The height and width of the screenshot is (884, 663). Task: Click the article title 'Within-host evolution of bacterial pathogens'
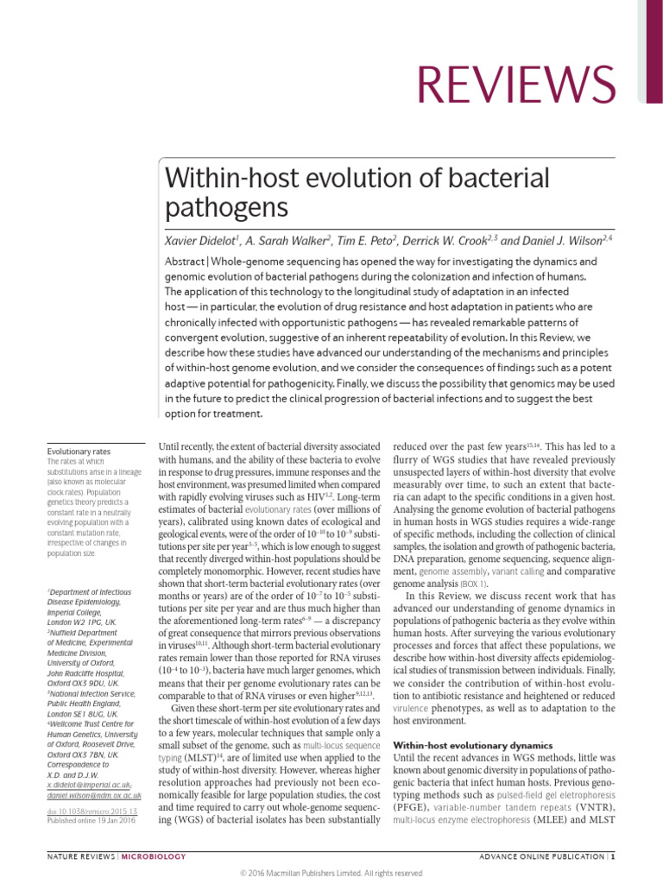357,194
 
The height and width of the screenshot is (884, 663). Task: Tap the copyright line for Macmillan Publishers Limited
331,873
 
